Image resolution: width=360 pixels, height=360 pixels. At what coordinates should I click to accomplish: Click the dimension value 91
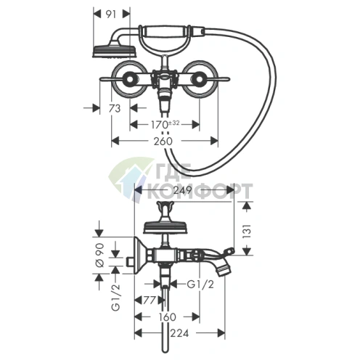click(111, 15)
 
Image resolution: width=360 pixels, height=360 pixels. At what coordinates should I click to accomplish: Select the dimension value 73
click(115, 109)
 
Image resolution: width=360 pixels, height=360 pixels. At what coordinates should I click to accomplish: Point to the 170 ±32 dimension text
click(165, 125)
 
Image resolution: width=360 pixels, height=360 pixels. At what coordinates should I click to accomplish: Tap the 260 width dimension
click(163, 141)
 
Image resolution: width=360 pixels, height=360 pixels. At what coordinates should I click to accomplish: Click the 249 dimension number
click(183, 190)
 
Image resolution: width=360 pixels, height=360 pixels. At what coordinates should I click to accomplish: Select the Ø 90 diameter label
click(100, 255)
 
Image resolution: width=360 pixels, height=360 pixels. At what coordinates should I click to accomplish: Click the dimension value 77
click(149, 300)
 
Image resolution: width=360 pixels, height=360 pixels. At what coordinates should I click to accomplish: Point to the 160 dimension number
click(167, 317)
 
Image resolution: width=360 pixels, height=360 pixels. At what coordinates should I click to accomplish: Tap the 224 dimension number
click(179, 333)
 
